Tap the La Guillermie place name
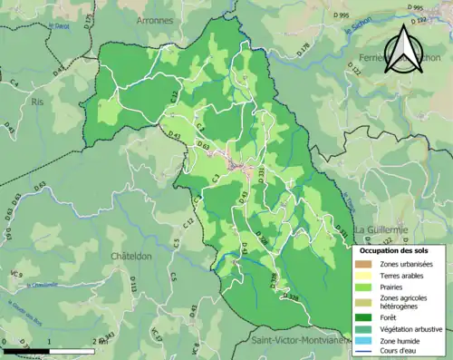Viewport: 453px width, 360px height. click(382, 230)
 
